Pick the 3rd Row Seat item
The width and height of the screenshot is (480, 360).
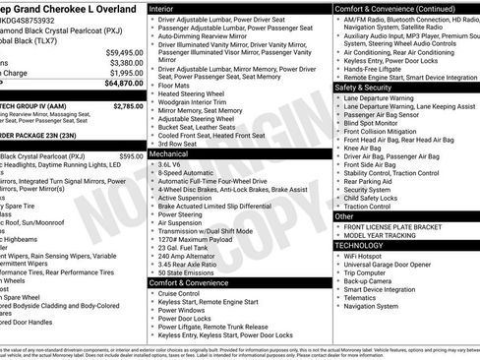(x=179, y=143)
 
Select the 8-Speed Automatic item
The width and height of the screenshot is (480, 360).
(x=186, y=173)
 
